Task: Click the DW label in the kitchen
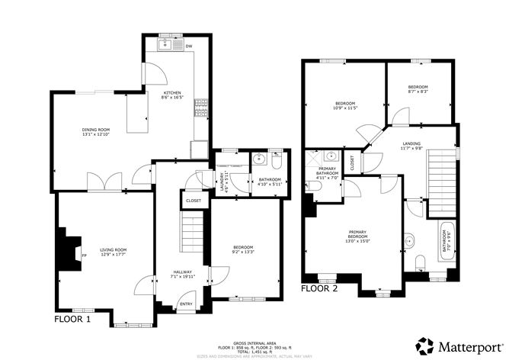click(187, 47)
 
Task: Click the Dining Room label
click(97, 133)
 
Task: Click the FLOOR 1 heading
click(72, 320)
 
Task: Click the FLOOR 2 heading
click(319, 289)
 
